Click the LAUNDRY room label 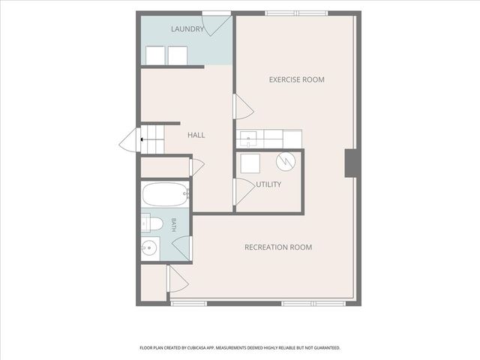click(x=187, y=29)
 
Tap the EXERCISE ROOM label click(x=297, y=79)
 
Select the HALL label click(x=196, y=135)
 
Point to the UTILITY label click(x=268, y=184)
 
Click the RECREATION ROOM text click(x=278, y=247)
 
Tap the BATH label click(x=173, y=225)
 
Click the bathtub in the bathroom click(x=166, y=194)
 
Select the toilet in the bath click(x=151, y=223)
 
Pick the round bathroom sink click(x=149, y=247)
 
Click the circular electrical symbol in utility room click(x=286, y=161)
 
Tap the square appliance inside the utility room click(x=250, y=163)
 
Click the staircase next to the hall click(x=152, y=139)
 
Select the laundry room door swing click(x=217, y=25)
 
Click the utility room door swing click(x=244, y=192)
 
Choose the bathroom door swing click(x=182, y=248)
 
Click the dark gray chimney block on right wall click(x=352, y=163)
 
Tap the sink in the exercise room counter click(x=248, y=139)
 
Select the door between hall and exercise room click(x=243, y=106)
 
